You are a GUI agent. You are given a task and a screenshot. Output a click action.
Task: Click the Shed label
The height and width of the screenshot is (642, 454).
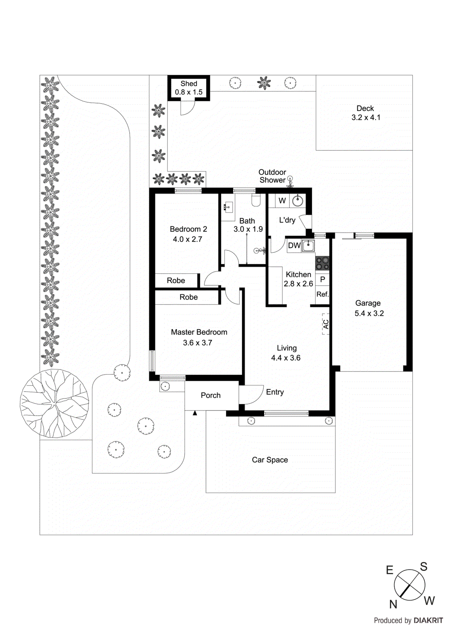click(x=189, y=83)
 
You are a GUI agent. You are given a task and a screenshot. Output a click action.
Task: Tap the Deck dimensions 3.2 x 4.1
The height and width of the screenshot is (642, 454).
click(x=366, y=118)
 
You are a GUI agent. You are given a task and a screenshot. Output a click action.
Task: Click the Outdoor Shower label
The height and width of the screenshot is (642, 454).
click(x=272, y=176)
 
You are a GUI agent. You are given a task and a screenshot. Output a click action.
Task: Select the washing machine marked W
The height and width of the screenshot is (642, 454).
click(x=282, y=201)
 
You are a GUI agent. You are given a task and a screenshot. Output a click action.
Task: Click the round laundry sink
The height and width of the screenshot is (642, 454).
click(x=297, y=201)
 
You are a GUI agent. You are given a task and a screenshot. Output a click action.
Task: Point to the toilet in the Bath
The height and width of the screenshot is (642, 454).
click(x=256, y=199)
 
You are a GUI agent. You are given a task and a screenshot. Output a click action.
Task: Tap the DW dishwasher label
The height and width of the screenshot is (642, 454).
click(x=294, y=246)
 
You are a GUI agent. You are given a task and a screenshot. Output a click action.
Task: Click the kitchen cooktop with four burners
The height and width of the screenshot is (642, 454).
click(x=322, y=263)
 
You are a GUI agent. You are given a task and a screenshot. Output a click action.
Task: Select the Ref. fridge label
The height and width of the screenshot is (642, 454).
click(x=322, y=294)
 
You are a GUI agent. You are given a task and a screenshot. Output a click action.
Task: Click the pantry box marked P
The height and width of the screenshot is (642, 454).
click(x=322, y=279)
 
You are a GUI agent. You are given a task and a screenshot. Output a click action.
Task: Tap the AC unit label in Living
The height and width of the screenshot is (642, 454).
click(x=326, y=324)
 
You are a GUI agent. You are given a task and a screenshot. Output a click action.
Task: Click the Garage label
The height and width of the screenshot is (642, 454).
click(x=368, y=303)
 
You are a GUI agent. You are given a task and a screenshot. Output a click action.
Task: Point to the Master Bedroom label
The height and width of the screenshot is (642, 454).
click(x=199, y=332)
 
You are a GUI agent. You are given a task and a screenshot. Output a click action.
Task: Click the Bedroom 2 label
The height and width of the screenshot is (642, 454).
click(x=188, y=229)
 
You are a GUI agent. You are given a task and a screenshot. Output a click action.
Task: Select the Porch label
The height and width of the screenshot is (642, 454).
click(x=211, y=395)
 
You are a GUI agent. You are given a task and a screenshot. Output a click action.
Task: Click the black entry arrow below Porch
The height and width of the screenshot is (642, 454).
click(x=195, y=413)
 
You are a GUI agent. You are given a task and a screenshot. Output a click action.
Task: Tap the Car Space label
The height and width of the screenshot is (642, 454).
click(x=270, y=460)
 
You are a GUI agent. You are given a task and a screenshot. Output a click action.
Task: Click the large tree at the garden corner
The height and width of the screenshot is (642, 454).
click(x=55, y=403)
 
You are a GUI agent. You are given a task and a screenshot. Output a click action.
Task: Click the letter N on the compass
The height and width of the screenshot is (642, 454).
click(x=393, y=604)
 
